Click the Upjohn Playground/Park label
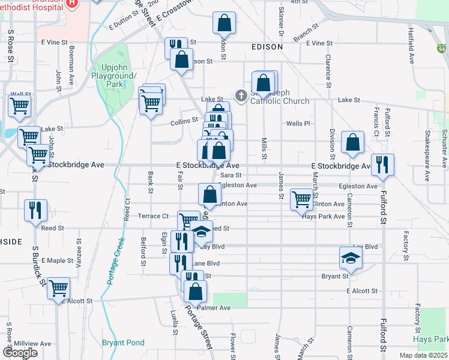point(115,76)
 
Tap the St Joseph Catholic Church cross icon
point(241,95)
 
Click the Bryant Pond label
point(123,343)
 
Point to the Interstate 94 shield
point(442,49)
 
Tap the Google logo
point(20,353)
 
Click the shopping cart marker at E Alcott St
point(58,289)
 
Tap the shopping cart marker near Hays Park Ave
point(301,199)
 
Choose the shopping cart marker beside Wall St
point(19,106)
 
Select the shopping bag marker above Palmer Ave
point(195,292)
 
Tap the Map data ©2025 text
point(423,355)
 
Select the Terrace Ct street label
point(154,216)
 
